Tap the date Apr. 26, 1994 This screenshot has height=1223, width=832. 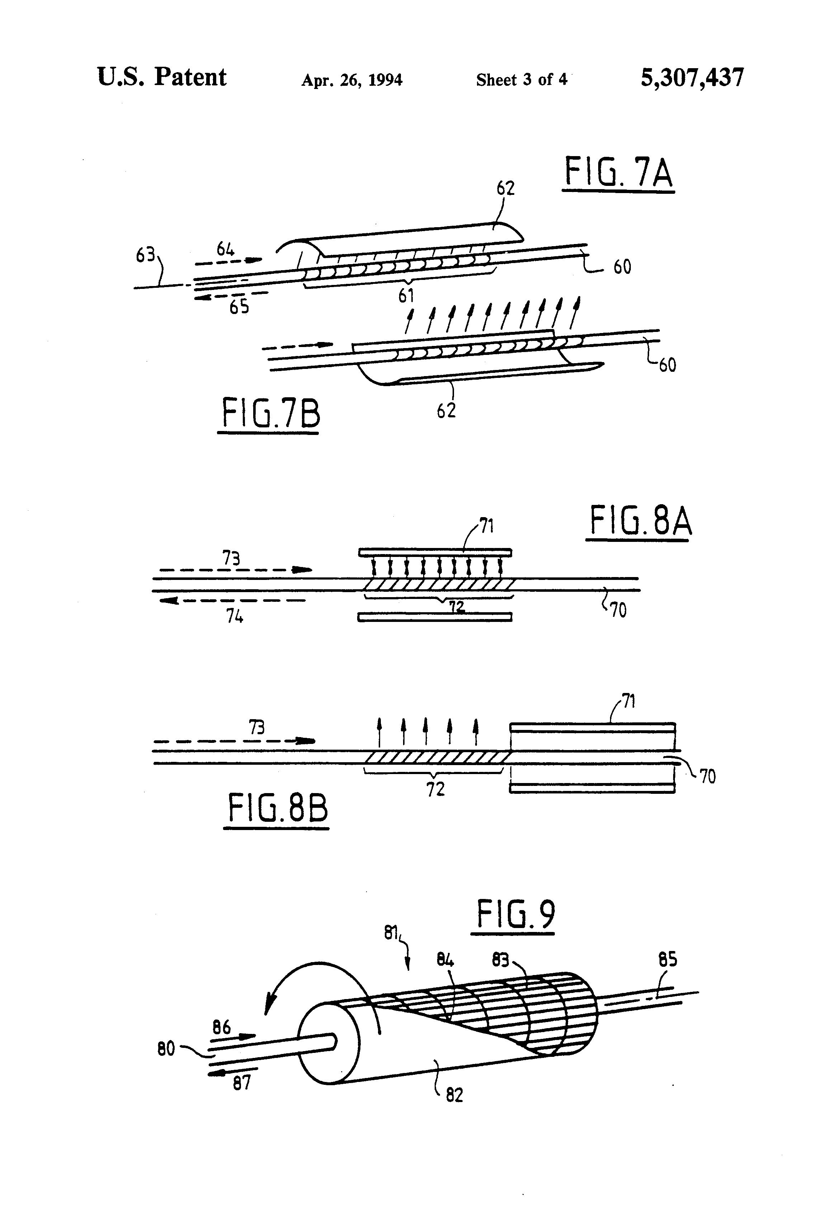tap(351, 80)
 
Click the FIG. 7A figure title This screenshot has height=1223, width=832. tap(619, 174)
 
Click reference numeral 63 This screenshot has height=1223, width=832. tap(146, 255)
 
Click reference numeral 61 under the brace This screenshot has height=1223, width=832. tap(406, 296)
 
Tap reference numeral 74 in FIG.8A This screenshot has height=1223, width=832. tap(235, 616)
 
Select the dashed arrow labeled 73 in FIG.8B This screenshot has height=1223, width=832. tap(234, 741)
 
